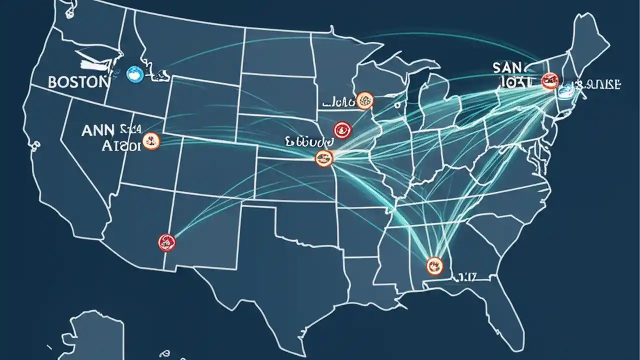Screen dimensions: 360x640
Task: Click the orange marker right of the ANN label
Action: click(150, 141)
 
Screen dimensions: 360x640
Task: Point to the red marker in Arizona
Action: click(166, 242)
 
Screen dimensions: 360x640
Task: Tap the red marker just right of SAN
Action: click(549, 80)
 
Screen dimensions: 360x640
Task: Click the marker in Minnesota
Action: click(365, 100)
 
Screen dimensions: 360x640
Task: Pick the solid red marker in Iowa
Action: click(343, 130)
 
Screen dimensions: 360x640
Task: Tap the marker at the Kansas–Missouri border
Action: click(324, 159)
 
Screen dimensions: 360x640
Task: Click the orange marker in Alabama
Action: click(434, 264)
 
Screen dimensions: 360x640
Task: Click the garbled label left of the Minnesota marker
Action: click(337, 102)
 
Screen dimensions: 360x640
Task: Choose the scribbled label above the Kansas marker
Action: click(308, 142)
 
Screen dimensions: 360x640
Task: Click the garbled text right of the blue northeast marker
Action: click(600, 84)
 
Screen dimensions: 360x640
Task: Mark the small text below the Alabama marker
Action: click(466, 275)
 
